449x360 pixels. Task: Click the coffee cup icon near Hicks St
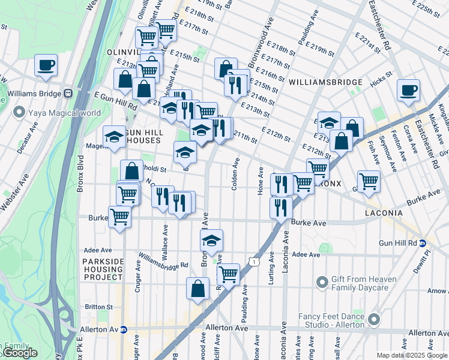click(x=408, y=91)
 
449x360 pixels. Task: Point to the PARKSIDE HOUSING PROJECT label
click(x=103, y=269)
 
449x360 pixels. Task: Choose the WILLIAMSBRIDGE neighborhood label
click(x=325, y=82)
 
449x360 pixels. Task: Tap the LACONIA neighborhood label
click(x=387, y=213)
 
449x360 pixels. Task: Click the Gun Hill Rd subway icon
click(x=422, y=243)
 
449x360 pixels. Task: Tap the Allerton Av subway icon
click(x=124, y=329)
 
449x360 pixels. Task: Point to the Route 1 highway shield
click(x=256, y=262)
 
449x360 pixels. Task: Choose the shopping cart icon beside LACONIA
click(x=368, y=181)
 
